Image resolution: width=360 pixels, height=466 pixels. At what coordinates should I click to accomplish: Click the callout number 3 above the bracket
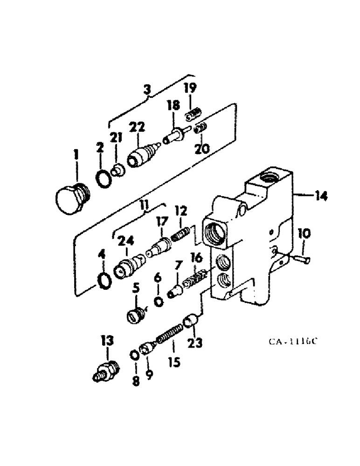pyautogui.click(x=147, y=89)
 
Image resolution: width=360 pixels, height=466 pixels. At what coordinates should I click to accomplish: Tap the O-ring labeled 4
pyautogui.click(x=105, y=281)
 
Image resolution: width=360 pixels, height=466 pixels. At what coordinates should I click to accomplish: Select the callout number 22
pyautogui.click(x=138, y=127)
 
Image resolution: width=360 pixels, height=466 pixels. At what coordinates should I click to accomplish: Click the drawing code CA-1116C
pyautogui.click(x=293, y=342)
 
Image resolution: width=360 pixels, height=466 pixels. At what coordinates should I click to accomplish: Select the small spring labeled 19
pyautogui.click(x=193, y=113)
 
